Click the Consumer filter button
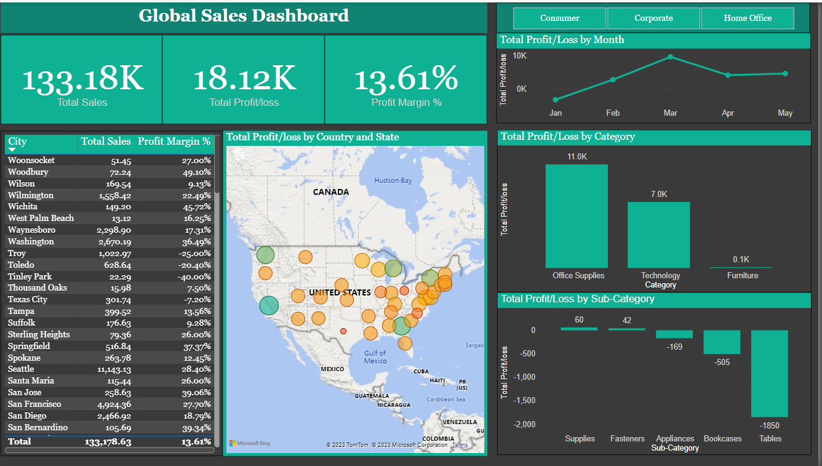click(560, 18)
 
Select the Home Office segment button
click(748, 18)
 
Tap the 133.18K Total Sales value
click(82, 79)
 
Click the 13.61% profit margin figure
click(406, 79)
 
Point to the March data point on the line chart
click(670, 57)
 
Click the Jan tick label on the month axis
click(555, 113)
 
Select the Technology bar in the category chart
click(658, 235)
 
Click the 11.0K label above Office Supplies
click(577, 157)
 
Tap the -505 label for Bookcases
click(722, 362)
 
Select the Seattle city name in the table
click(21, 369)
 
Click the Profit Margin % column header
click(174, 142)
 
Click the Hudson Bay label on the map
click(393, 180)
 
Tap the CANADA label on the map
click(330, 192)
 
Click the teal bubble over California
click(268, 305)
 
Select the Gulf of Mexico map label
click(375, 357)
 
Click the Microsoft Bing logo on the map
click(250, 443)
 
